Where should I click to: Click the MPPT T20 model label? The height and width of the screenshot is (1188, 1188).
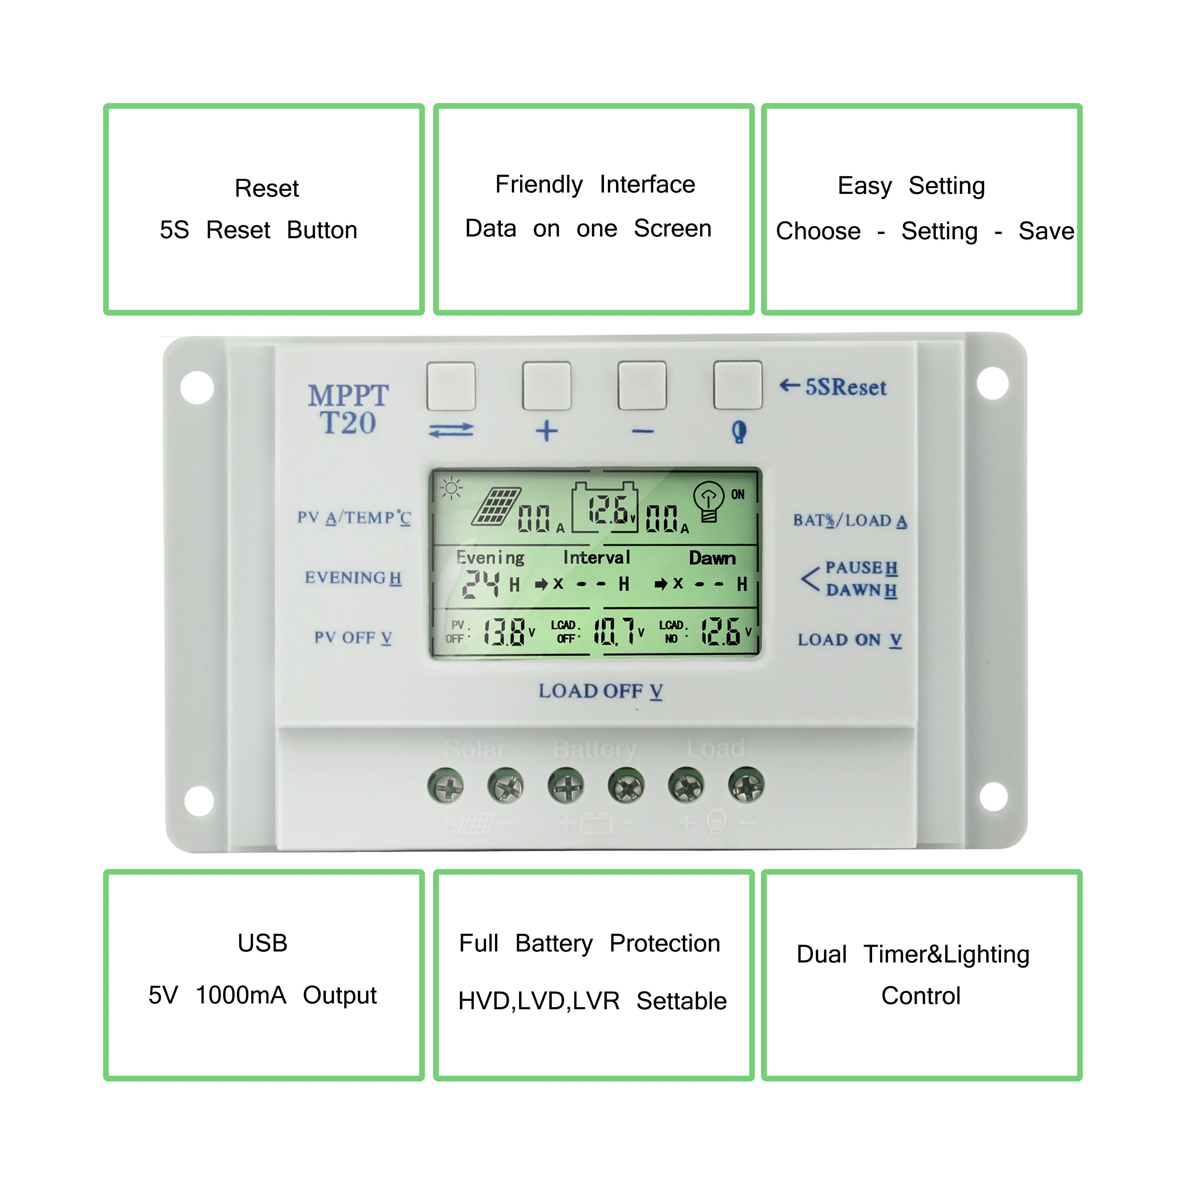(x=348, y=409)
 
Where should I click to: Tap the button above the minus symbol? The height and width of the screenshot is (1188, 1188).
(x=642, y=386)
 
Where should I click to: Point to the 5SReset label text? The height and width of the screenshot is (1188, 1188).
(x=846, y=387)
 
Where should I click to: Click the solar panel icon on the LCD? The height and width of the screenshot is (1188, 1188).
(x=496, y=506)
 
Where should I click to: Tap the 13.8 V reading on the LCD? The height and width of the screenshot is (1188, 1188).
(x=504, y=631)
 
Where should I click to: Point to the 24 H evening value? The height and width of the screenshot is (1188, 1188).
(x=482, y=584)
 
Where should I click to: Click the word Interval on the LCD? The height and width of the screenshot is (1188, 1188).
(x=596, y=558)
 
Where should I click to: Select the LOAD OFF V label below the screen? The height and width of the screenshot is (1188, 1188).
(x=600, y=691)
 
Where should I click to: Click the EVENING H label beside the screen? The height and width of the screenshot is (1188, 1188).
(x=353, y=578)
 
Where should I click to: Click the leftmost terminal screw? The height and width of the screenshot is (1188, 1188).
(x=445, y=785)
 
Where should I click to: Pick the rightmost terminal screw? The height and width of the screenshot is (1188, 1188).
(x=746, y=785)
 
